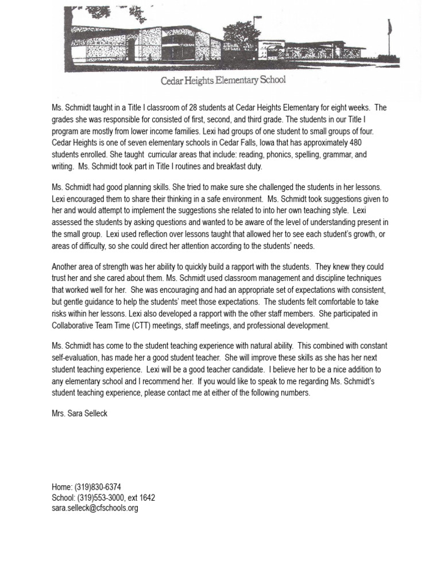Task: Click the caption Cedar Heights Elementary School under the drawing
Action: [223, 80]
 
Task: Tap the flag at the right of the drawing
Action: [390, 26]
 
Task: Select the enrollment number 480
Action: [354, 143]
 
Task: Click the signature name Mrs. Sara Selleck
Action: [79, 413]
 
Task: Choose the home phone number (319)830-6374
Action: [98, 487]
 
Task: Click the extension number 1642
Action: [147, 498]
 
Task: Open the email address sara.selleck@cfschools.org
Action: [95, 508]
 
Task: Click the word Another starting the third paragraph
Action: [65, 266]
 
